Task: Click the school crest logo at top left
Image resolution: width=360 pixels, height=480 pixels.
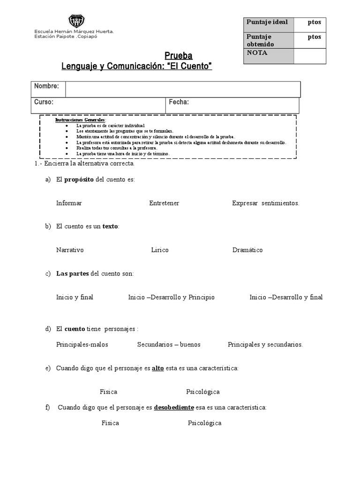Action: pos(76,21)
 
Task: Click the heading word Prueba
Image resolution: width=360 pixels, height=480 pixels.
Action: pos(178,56)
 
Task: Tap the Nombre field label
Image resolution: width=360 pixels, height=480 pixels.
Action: pos(46,86)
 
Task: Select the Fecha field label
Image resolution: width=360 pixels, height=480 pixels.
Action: pos(179,102)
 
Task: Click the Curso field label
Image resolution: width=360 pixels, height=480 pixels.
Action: pos(44,102)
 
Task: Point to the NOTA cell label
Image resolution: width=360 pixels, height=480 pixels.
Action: pos(257,53)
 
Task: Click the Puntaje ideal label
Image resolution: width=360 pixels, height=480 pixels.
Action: pos(267,22)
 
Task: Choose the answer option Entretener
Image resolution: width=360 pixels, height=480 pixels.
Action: pos(164,203)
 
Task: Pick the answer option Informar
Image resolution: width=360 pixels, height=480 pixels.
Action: pos(69,203)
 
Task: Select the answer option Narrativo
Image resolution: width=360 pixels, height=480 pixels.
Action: pos(70,250)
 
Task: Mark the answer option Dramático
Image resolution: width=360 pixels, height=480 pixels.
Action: pos(247,250)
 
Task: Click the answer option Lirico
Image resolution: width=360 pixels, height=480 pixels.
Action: pos(160,250)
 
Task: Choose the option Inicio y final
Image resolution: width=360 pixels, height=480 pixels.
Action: pos(75,297)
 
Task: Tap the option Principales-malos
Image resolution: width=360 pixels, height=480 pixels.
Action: pos(82,345)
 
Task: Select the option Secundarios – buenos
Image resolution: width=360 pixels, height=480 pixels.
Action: pos(169,345)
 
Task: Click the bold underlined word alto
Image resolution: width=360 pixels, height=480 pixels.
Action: pos(158,368)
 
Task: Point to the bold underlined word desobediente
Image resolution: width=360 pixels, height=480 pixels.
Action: pos(174,407)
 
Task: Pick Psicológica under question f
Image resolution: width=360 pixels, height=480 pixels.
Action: pos(204,423)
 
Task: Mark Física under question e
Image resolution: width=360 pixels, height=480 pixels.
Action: pos(108,392)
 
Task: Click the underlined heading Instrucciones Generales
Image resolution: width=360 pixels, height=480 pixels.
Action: pos(80,120)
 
